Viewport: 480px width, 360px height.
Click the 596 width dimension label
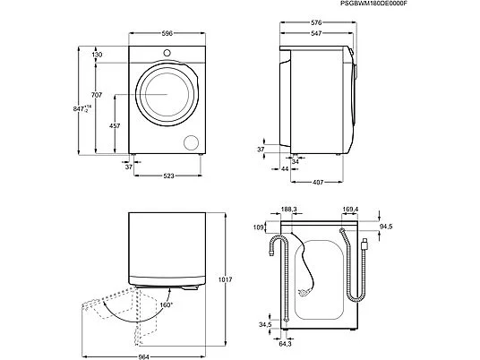[167, 34]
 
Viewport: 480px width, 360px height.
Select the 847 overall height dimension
[82, 108]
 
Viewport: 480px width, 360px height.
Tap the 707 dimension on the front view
[97, 95]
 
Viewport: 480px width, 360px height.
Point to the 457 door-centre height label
[115, 125]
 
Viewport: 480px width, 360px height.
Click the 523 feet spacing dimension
[168, 176]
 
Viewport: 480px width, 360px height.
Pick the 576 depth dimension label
[316, 22]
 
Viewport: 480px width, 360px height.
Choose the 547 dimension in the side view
[316, 33]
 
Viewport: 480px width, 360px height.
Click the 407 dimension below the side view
[318, 183]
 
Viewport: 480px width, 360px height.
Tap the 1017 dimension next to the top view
[225, 279]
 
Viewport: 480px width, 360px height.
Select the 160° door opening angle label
[167, 304]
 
